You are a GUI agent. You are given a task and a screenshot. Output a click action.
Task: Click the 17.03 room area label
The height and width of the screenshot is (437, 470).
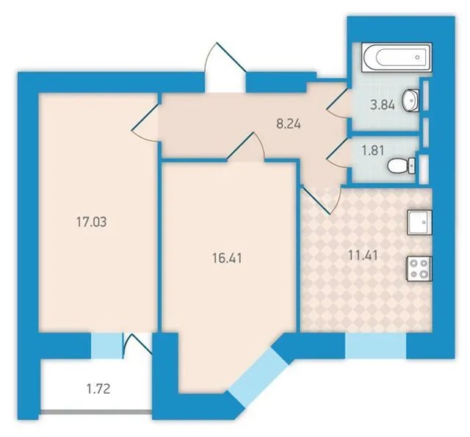click(91, 222)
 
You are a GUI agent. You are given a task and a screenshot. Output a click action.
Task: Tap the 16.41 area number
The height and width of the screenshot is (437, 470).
click(227, 258)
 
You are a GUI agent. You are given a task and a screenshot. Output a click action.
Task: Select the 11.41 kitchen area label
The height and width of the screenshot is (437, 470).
click(363, 256)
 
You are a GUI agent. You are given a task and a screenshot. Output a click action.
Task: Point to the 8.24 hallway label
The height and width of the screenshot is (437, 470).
click(289, 123)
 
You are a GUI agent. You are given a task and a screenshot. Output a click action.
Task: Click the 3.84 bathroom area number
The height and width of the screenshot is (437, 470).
click(383, 105)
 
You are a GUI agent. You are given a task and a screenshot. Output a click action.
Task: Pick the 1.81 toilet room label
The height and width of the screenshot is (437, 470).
click(373, 151)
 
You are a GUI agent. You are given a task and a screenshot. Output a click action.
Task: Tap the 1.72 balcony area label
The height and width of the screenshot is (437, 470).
click(98, 389)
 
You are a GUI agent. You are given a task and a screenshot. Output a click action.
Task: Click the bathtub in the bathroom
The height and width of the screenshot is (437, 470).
click(397, 57)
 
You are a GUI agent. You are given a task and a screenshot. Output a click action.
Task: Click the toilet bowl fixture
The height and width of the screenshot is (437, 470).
click(401, 166)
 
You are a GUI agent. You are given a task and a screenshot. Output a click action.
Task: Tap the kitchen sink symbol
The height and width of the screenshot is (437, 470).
click(419, 222)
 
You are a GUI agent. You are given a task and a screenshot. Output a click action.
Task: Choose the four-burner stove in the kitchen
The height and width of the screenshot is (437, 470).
click(419, 269)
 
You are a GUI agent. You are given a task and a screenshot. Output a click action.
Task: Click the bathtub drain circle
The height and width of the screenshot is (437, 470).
click(417, 57)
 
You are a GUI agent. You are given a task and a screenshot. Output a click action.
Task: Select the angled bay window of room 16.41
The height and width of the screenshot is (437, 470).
click(258, 377)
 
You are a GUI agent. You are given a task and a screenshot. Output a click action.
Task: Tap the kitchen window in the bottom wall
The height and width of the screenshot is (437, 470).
click(375, 346)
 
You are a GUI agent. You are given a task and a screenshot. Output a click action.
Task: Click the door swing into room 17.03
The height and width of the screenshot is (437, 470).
click(145, 121)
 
